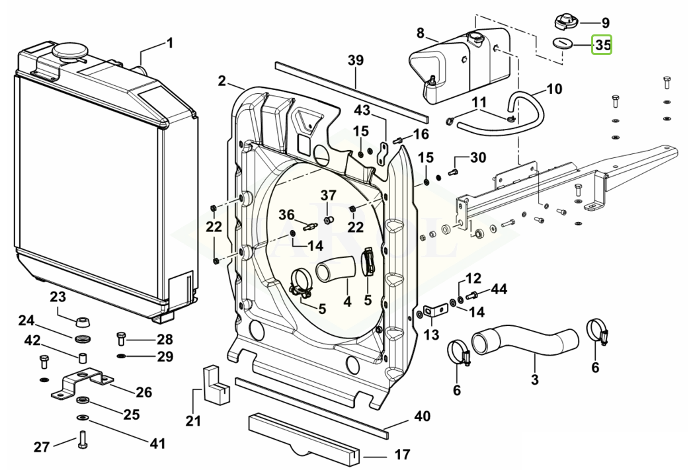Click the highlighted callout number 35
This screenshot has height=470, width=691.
click(602, 45)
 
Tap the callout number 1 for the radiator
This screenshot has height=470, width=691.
click(170, 43)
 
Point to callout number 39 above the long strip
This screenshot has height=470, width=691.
click(356, 60)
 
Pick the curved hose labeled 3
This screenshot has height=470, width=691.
click(525, 341)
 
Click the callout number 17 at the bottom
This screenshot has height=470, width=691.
click(402, 453)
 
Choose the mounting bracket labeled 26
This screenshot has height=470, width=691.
click(82, 382)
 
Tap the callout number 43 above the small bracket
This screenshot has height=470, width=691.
click(362, 110)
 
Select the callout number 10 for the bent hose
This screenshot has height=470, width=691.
click(554, 89)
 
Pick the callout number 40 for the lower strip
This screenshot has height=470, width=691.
click(422, 416)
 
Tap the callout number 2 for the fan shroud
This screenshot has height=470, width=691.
click(222, 81)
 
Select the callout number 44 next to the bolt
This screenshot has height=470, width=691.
click(499, 289)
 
